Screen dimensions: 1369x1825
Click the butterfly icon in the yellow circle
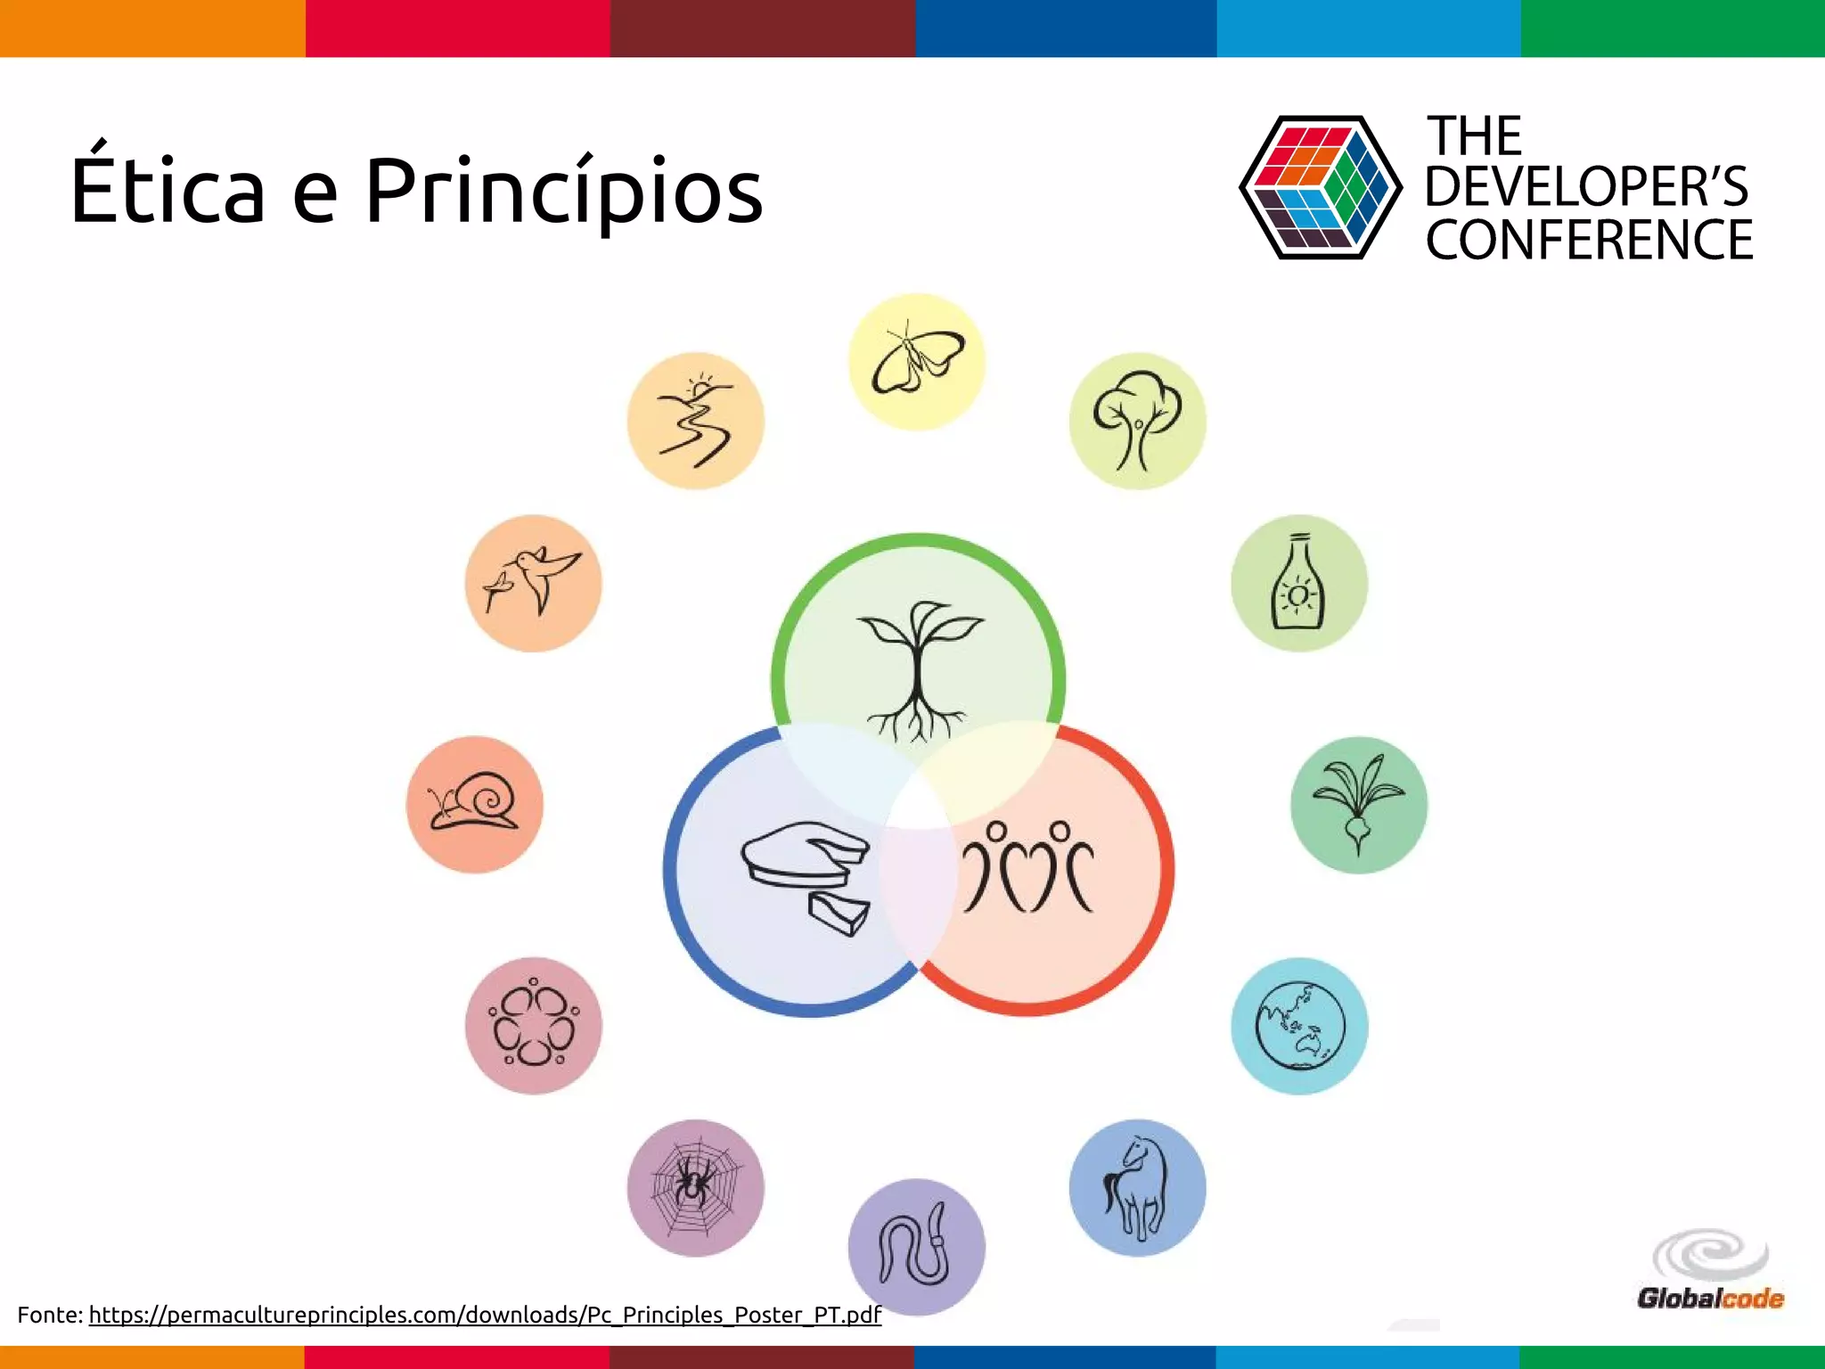point(917,362)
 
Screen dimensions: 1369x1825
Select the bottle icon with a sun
point(1298,583)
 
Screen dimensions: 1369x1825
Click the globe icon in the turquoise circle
point(1299,1026)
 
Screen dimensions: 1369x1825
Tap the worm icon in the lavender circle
point(916,1247)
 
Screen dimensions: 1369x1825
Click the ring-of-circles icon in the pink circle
point(533,1026)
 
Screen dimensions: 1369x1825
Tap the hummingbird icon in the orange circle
point(533,583)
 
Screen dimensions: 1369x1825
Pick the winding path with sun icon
point(695,421)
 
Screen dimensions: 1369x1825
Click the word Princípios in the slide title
point(563,193)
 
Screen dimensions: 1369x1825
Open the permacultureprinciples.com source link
point(485,1315)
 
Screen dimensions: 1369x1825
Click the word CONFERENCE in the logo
point(1589,240)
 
